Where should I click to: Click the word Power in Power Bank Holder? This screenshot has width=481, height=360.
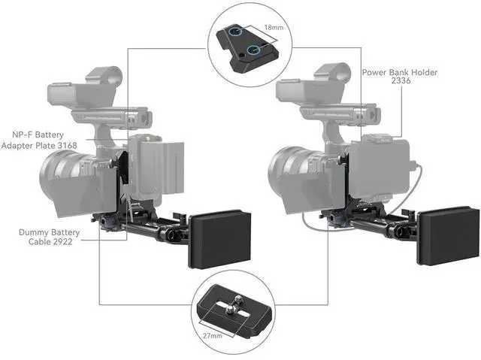377,72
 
